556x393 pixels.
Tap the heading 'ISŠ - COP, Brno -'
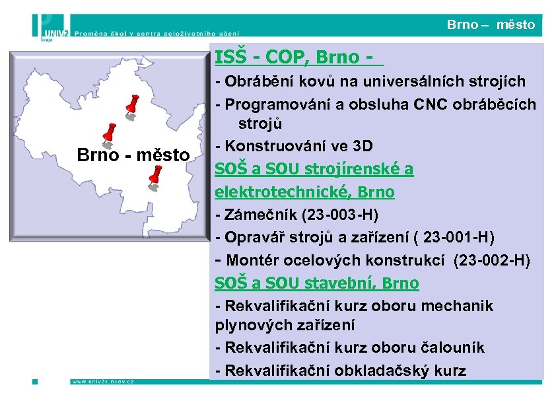298,58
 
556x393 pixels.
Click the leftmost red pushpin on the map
110,131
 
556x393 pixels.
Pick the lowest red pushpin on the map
156,174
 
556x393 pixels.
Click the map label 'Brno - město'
133,156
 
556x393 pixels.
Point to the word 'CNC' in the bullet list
429,104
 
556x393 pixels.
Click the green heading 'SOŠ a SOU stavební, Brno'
316,283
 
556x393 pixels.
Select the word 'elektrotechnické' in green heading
267,192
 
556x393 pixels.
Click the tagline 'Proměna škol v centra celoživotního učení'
156,31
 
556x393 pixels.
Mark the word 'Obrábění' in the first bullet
251,82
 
